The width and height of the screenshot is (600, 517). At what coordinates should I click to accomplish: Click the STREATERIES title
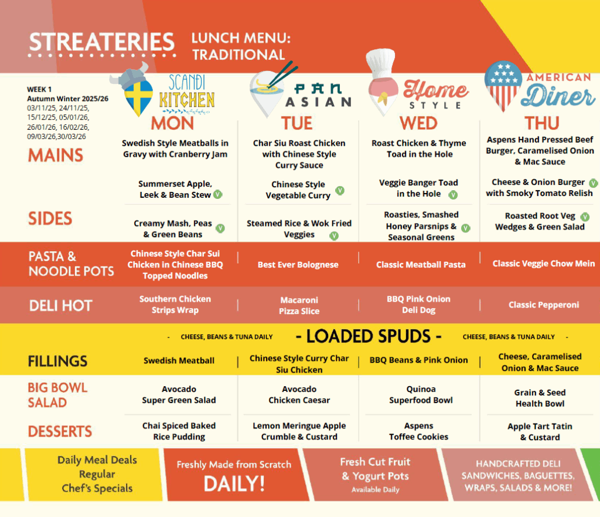click(102, 42)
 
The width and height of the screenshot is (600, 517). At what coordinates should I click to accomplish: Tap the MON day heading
click(173, 123)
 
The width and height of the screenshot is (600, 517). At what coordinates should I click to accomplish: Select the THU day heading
click(542, 123)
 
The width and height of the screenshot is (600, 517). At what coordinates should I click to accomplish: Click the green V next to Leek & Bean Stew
click(218, 194)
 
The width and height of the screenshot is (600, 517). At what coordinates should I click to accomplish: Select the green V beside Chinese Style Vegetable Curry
click(340, 190)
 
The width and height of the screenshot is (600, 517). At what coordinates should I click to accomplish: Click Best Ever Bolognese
click(298, 265)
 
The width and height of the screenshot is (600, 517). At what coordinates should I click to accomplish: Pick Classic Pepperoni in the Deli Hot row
click(544, 305)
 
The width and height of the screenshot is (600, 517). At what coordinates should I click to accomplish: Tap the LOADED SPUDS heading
click(369, 336)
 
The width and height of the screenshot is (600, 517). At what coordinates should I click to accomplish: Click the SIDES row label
click(50, 218)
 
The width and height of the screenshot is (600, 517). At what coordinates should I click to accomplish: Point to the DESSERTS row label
click(60, 431)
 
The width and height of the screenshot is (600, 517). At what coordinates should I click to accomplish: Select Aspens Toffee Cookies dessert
click(418, 431)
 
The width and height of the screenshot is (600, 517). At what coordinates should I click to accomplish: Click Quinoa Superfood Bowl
click(421, 395)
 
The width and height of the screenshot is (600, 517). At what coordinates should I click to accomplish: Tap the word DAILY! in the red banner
click(234, 484)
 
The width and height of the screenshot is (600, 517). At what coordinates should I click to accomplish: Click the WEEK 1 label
click(39, 89)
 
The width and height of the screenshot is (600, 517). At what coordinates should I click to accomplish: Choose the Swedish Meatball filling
click(179, 361)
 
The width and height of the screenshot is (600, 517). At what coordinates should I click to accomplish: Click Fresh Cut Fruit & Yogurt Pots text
click(376, 469)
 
